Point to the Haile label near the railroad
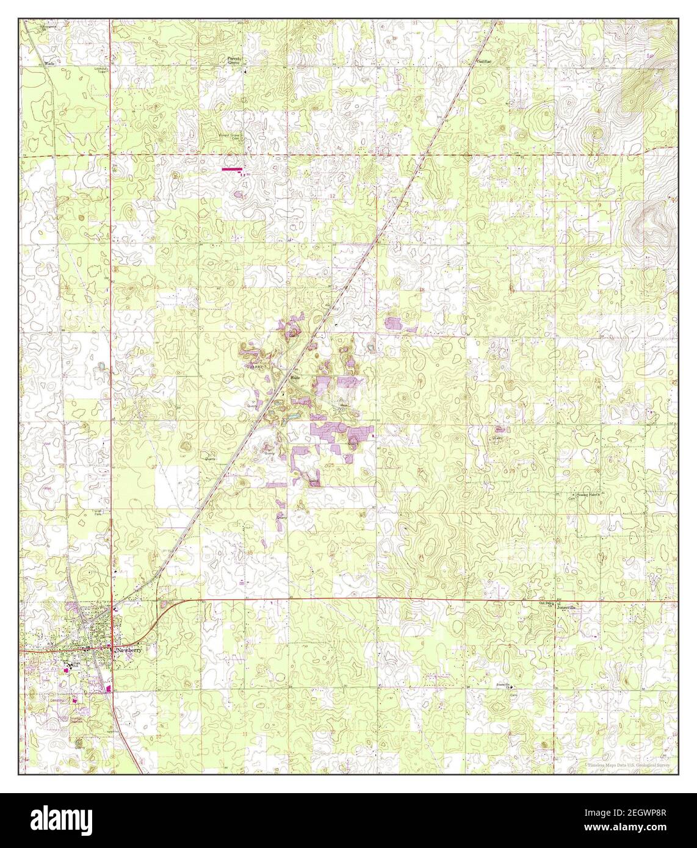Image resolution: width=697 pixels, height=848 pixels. click(x=295, y=378)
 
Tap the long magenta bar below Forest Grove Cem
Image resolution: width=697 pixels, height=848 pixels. click(x=231, y=168)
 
